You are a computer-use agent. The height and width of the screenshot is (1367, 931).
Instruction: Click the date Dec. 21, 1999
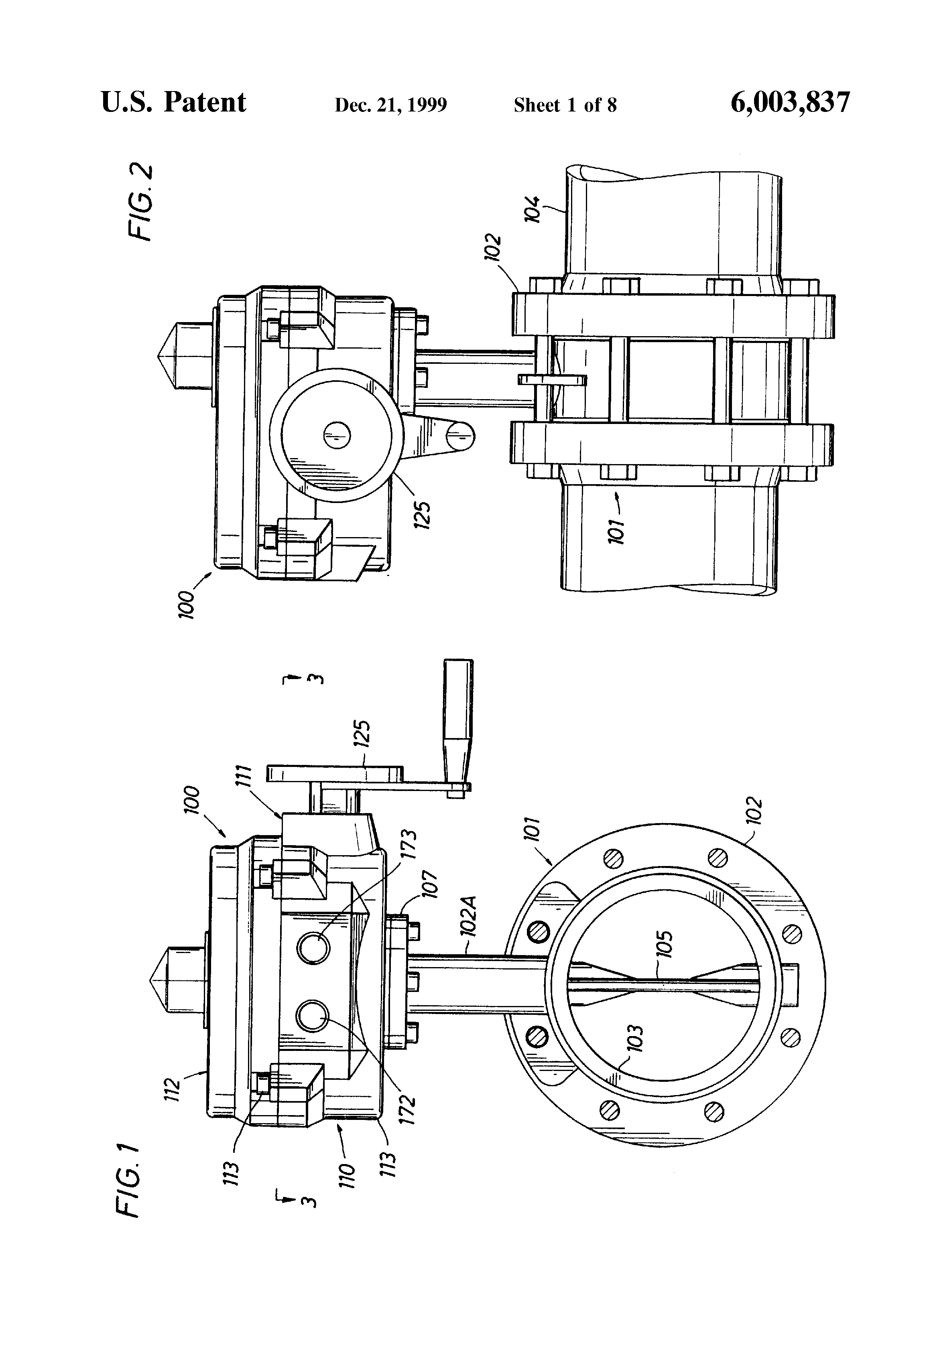click(x=391, y=105)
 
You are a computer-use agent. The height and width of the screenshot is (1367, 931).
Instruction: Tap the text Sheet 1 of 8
click(x=565, y=105)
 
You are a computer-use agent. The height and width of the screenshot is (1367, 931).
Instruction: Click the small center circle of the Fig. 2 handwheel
click(x=337, y=435)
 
